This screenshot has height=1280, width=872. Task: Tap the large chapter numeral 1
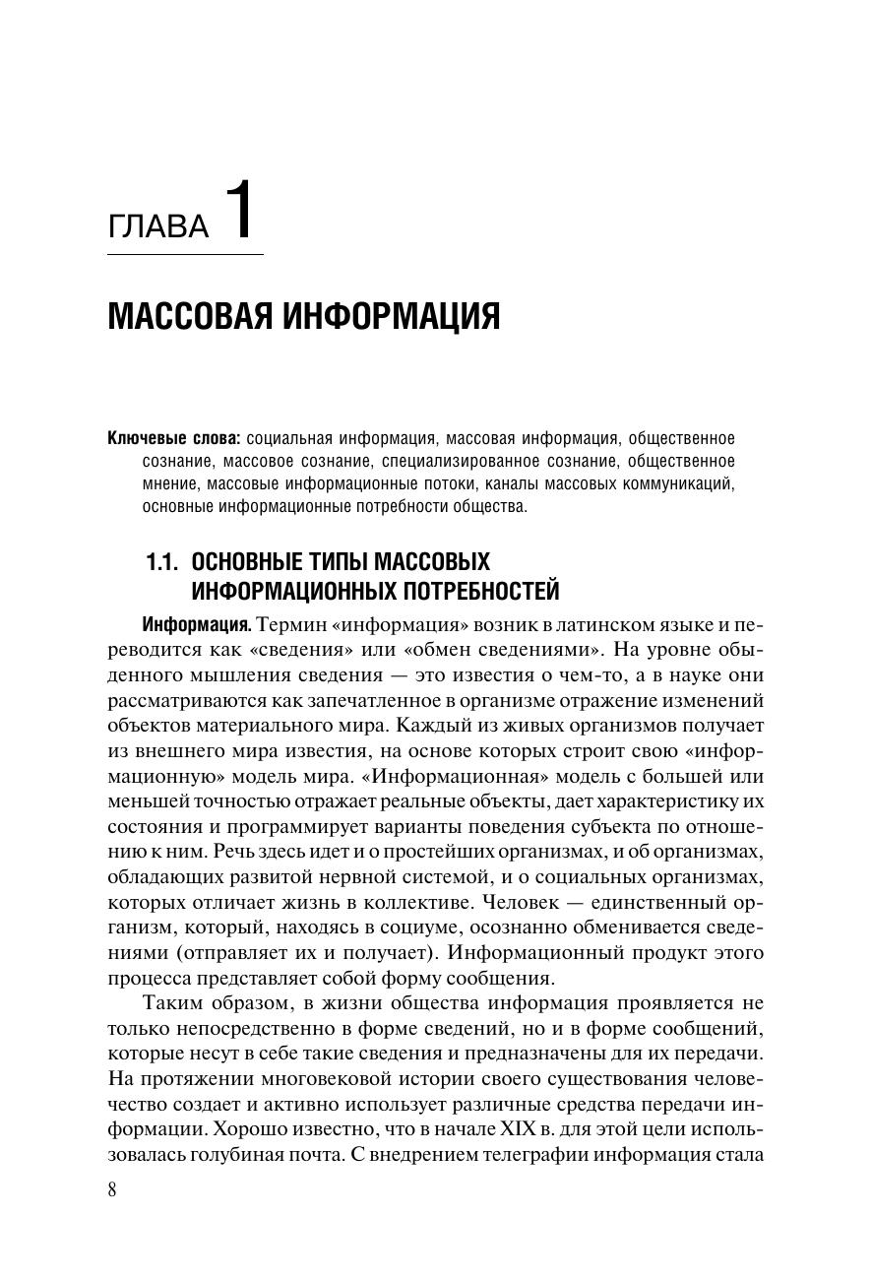pyautogui.click(x=239, y=210)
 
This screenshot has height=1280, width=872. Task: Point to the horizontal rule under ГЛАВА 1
pyautogui.click(x=185, y=255)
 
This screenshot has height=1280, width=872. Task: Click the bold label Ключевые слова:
pyautogui.click(x=173, y=438)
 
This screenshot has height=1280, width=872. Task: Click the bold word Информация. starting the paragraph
pyautogui.click(x=198, y=625)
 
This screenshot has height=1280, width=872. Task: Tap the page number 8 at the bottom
pyautogui.click(x=112, y=1189)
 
